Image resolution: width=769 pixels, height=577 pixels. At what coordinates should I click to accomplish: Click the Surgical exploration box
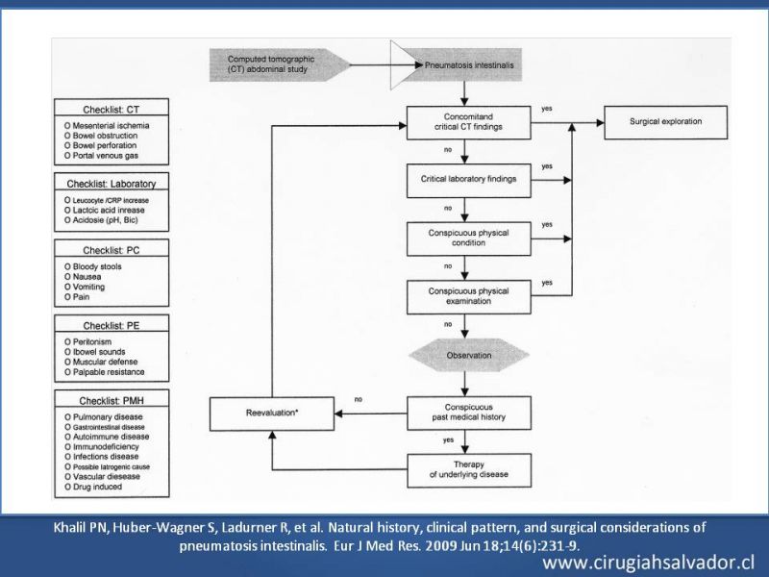point(665,122)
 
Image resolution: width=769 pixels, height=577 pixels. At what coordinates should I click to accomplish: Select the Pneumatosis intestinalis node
point(468,64)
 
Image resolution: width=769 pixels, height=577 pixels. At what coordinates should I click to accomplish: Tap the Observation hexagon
point(469,355)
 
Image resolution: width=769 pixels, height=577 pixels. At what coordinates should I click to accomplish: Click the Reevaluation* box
point(272,414)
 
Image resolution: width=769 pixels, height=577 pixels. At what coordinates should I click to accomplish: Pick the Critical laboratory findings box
point(468,180)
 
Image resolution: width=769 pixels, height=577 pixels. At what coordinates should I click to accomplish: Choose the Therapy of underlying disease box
point(469,470)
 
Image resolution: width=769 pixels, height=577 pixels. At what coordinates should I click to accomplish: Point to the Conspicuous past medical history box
point(468,413)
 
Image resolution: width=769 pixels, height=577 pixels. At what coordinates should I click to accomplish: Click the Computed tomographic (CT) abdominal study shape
point(280,64)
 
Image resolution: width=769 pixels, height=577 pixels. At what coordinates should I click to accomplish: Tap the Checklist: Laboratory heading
point(112,184)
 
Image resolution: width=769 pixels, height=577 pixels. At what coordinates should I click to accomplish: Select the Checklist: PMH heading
point(112,401)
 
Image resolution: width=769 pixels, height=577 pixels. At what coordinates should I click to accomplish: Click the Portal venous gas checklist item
point(101,156)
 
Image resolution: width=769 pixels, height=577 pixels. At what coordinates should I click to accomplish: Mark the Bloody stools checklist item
point(92,266)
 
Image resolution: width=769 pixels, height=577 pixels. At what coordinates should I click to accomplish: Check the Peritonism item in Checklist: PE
point(87,341)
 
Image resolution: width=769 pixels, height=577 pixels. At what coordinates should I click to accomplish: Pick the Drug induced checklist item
point(93,487)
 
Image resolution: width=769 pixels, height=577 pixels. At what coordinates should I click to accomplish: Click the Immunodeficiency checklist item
point(102,446)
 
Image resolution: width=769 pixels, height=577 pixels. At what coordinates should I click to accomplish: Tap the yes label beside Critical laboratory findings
point(547,166)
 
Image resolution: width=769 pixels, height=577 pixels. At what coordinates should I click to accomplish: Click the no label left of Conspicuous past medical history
point(358,399)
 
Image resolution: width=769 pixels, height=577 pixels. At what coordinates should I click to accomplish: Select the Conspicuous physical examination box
point(468,296)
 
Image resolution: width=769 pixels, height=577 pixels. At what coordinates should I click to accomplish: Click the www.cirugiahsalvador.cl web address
point(648,563)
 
